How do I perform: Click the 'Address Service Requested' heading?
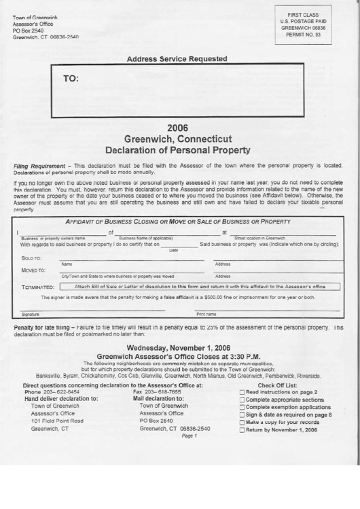pyautogui.click(x=177, y=59)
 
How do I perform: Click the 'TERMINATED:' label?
pyautogui.click(x=37, y=287)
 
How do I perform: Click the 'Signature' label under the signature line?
pyautogui.click(x=30, y=315)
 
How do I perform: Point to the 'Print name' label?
pyautogui.click(x=206, y=315)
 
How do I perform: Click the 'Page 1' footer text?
pyautogui.click(x=189, y=436)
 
